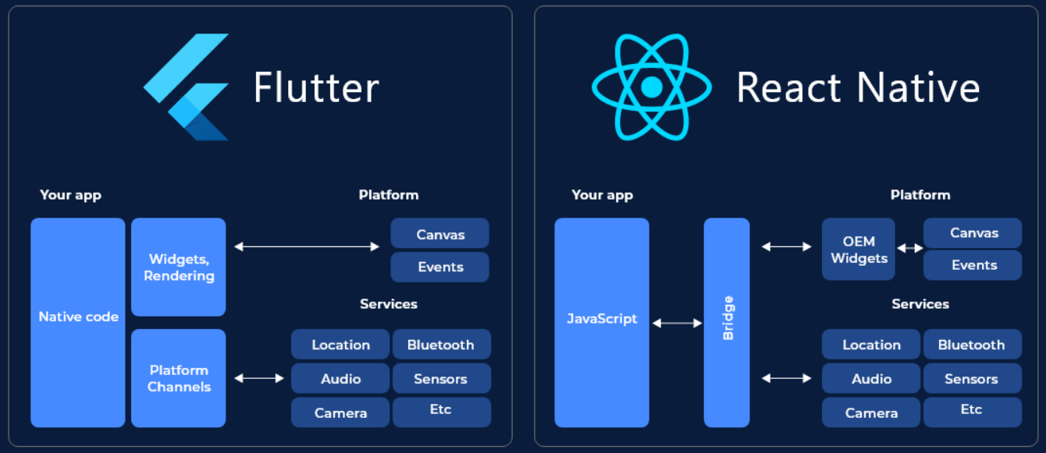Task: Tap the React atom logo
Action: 651,87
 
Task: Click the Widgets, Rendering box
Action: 178,267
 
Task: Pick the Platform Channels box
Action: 178,378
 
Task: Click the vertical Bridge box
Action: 727,322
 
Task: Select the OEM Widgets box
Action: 858,250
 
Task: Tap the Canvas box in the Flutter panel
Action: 439,234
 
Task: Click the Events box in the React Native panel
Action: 973,265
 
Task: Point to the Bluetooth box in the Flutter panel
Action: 441,345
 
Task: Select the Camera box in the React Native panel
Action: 871,412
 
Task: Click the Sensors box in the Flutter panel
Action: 441,379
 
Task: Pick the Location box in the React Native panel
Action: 871,345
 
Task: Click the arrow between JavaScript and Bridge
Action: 677,323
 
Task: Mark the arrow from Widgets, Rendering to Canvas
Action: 307,246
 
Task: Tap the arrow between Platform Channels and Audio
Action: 259,378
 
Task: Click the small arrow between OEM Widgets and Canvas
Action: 909,248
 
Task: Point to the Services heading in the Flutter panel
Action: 388,304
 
